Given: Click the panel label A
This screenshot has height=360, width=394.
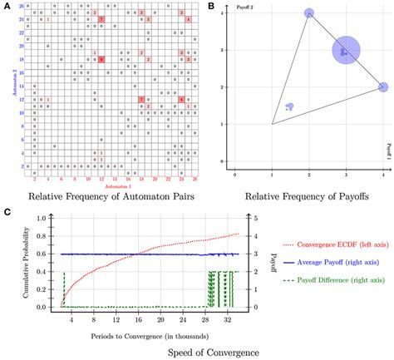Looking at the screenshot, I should click(6, 7).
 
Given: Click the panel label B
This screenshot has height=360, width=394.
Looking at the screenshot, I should click(211, 7).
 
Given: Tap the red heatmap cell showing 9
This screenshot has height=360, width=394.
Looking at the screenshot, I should click(101, 60).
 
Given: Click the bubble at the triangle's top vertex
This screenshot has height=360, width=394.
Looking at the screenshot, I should click(309, 13).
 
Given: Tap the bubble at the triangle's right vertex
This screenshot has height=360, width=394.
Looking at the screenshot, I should click(382, 87).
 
